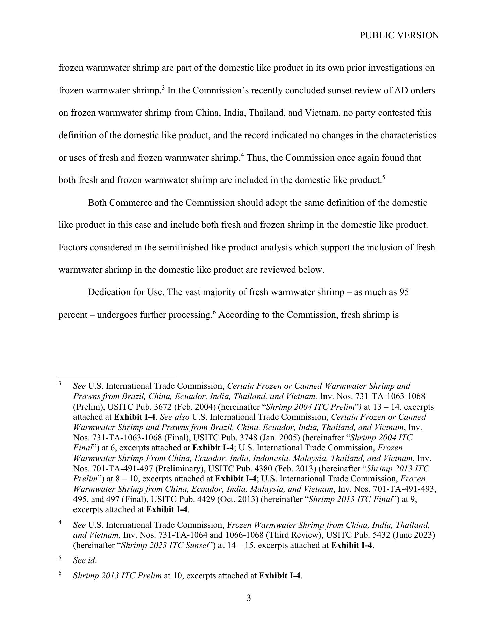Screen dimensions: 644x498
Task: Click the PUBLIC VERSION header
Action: pyautogui.click(x=399, y=35)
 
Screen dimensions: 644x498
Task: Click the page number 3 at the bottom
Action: pyautogui.click(x=249, y=607)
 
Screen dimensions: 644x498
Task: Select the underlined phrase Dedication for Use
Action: pyautogui.click(x=126, y=292)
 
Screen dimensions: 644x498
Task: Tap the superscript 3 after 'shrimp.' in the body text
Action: pyautogui.click(x=163, y=88)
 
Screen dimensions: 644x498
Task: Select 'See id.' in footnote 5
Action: pyautogui.click(x=85, y=560)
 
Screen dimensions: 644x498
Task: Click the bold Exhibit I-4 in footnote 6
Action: pyautogui.click(x=280, y=576)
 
